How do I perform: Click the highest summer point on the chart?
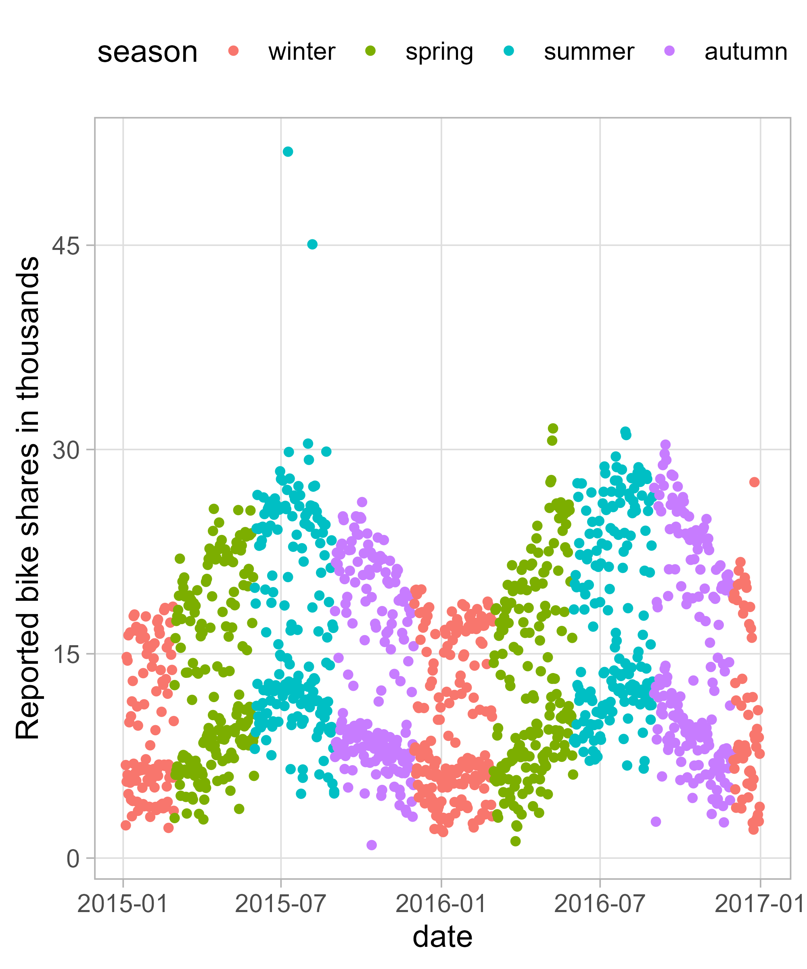point(288,152)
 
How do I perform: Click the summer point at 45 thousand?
point(312,244)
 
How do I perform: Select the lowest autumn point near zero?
point(372,845)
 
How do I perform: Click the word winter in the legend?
point(301,51)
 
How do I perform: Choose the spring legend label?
point(439,51)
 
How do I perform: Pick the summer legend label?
point(589,51)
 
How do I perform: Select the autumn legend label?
point(746,51)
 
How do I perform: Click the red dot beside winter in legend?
point(234,51)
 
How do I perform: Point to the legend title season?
point(148,52)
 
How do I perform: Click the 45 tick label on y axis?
point(66,246)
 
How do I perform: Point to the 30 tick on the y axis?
point(66,450)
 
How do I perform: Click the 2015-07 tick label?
point(281,904)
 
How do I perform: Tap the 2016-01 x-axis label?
point(441,904)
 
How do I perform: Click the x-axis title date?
point(442,937)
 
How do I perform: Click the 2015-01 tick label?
point(123,904)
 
